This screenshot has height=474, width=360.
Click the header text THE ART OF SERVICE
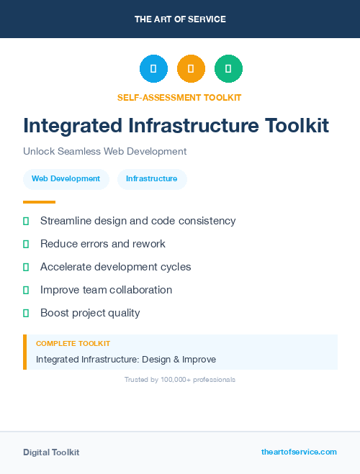tap(180, 19)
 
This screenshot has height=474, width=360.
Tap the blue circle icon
tap(153, 68)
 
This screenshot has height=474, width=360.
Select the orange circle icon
tap(191, 68)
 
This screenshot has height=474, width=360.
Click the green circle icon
tap(228, 68)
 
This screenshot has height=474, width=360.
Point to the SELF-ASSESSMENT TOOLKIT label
tap(179, 97)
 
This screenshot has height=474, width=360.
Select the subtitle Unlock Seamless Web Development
tap(105, 151)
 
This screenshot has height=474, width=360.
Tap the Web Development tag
tap(66, 179)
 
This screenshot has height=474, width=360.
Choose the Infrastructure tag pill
tap(151, 179)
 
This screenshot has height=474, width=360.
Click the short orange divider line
tap(39, 202)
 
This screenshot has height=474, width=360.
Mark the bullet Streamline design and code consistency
tap(138, 221)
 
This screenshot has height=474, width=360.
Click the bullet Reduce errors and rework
tap(102, 244)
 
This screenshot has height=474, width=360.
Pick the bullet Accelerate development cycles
tap(115, 267)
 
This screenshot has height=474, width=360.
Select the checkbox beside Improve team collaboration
tap(26, 290)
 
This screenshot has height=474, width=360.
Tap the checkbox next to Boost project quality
tap(26, 313)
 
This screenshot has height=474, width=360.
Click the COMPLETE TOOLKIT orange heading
tap(73, 344)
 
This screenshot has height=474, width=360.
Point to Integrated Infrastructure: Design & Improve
tap(126, 359)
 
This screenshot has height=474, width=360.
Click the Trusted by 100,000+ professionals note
tap(180, 379)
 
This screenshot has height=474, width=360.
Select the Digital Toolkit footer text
tap(51, 452)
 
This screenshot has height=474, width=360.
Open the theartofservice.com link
tap(299, 452)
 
